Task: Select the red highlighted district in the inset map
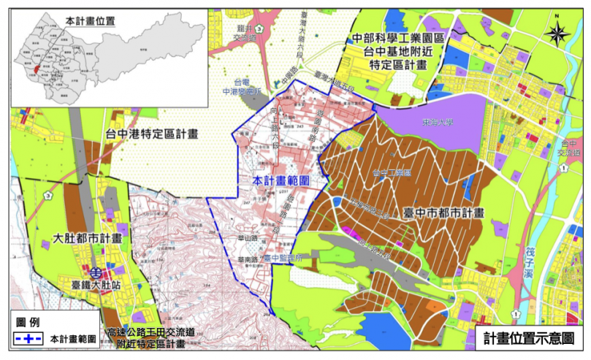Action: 34,74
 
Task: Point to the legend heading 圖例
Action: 31,323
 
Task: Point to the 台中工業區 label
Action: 392,172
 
